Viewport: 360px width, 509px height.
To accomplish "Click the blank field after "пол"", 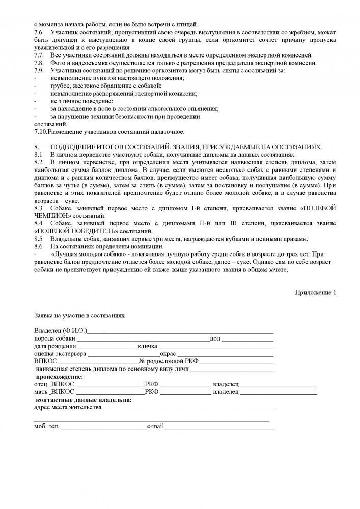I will pyautogui.click(x=247, y=340).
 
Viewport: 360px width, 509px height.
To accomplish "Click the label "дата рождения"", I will pyautogui.click(x=53, y=346).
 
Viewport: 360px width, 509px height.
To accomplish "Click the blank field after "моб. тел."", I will pyautogui.click(x=103, y=427).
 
